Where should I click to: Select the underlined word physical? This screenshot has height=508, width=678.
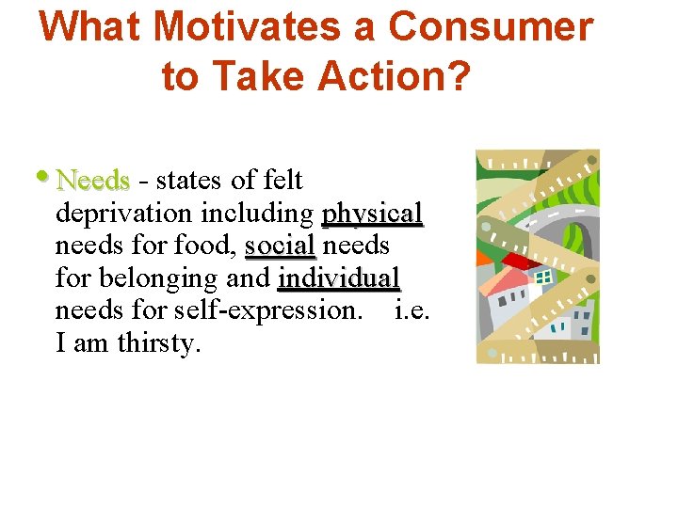click(372, 213)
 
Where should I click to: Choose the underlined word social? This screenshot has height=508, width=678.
click(280, 246)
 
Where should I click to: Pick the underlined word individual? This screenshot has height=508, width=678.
click(339, 278)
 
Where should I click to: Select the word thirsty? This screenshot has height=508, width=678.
click(159, 343)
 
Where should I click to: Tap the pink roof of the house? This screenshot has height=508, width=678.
click(509, 278)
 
